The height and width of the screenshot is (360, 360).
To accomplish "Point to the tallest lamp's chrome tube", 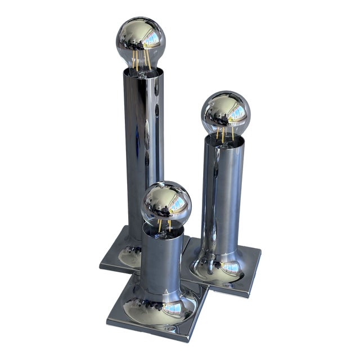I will coord(144,141).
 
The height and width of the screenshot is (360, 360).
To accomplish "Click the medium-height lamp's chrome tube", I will coord(222,191).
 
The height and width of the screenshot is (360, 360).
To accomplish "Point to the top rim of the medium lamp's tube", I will coord(224,138).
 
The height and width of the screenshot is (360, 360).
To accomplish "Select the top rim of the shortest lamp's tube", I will coord(163,228).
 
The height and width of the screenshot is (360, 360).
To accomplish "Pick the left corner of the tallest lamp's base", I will coord(100,263).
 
